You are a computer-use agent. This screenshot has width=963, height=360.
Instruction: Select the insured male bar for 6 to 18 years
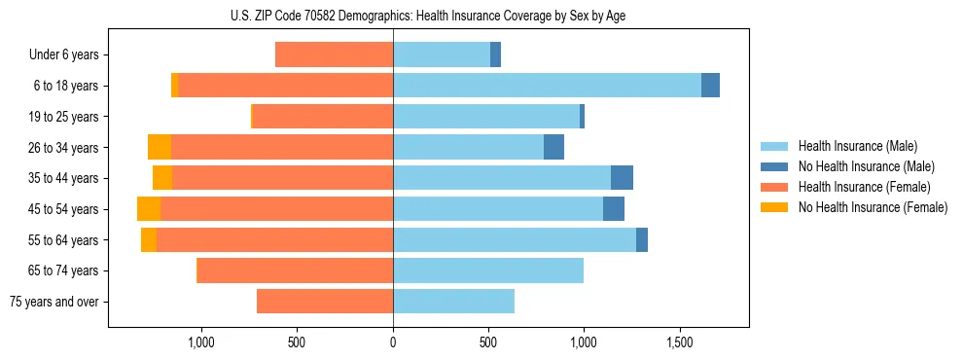(x=547, y=86)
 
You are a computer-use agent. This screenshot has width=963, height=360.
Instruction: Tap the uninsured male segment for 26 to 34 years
(x=553, y=147)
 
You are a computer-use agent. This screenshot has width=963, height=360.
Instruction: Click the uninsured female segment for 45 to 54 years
(x=149, y=209)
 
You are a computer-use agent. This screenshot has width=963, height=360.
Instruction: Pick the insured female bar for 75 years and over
(x=325, y=302)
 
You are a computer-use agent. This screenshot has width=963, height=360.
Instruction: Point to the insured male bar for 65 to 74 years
(x=488, y=270)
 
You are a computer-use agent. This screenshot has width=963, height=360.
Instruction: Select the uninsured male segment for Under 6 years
(x=495, y=54)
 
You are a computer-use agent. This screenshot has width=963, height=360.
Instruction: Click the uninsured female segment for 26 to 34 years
(x=160, y=147)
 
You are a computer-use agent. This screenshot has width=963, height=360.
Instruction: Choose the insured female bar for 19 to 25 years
(x=323, y=117)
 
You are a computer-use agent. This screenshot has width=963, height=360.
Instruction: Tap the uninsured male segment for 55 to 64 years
(x=642, y=240)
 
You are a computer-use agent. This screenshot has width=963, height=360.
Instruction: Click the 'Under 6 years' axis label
(x=63, y=55)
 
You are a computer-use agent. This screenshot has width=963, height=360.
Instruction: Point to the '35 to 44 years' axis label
(x=65, y=179)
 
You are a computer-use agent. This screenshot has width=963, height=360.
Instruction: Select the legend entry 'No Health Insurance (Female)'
(x=873, y=207)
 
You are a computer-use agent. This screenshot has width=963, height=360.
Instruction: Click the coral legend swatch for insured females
(x=774, y=187)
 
